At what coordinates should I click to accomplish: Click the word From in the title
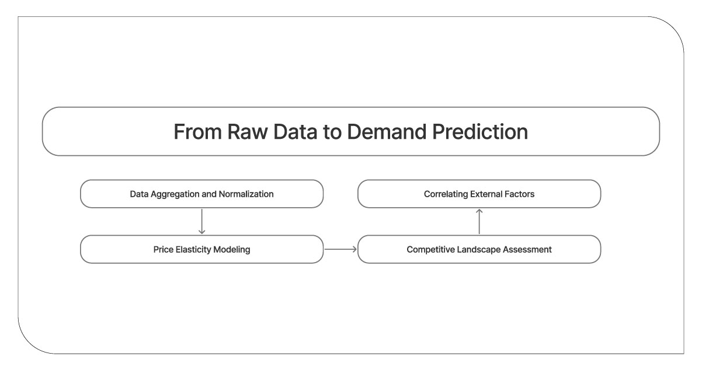(193, 132)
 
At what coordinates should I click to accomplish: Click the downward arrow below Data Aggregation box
(201, 221)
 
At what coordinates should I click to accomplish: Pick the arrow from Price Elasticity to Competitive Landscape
(340, 249)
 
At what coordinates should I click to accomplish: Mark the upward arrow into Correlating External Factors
(479, 221)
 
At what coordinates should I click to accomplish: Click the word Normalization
(246, 194)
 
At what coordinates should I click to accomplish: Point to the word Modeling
(233, 249)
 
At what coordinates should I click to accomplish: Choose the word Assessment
(530, 249)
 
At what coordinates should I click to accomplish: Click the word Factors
(519, 194)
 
